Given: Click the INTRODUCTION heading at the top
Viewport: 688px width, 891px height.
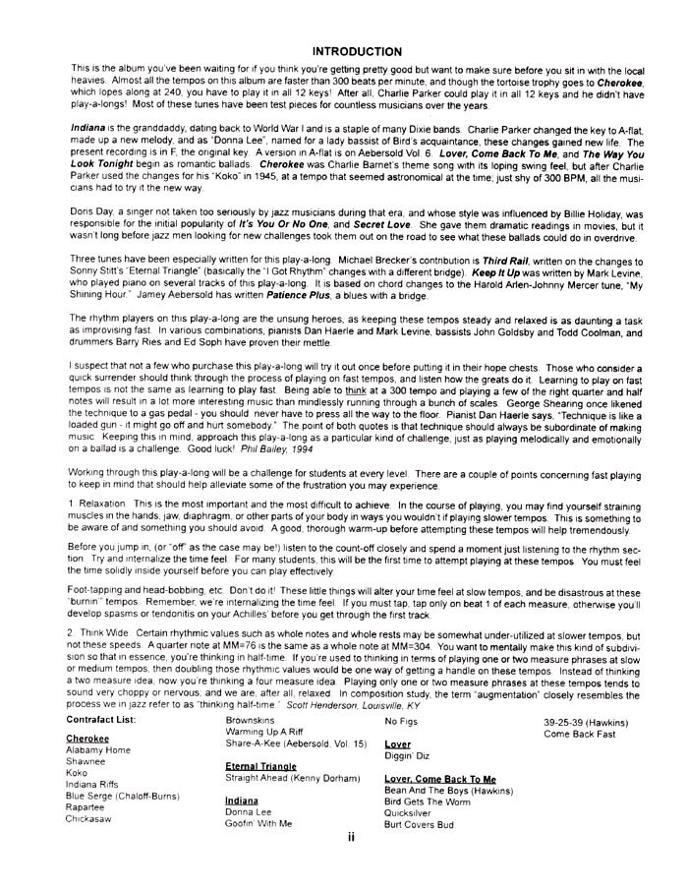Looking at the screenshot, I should (356, 51).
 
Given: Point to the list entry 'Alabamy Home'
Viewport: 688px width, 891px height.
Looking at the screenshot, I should (97, 750).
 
